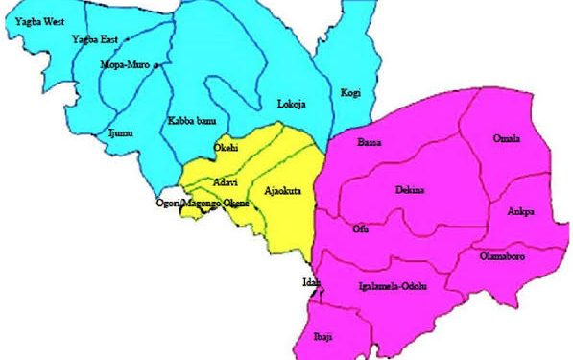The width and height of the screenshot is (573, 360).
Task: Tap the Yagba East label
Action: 94,39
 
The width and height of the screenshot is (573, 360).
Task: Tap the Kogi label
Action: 349,93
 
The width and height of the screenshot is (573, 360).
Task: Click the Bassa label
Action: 369,142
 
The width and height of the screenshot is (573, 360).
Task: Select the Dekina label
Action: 409,190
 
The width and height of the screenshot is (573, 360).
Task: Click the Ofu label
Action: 360,228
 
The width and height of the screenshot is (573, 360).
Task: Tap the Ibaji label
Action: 325,338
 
